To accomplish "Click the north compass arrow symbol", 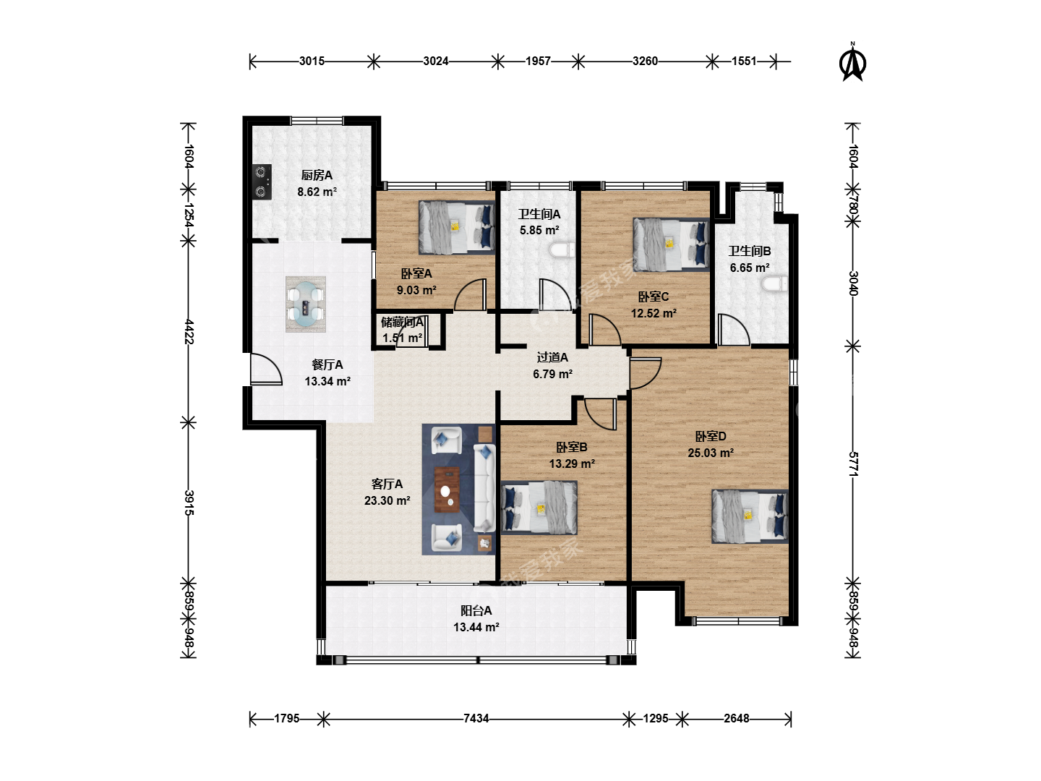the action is (x=852, y=62).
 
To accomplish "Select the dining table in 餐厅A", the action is (x=305, y=304).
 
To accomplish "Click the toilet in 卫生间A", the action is (x=562, y=252).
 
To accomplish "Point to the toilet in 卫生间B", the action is (x=775, y=284).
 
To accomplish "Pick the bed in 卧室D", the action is (x=750, y=516).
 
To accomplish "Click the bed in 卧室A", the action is (x=457, y=228).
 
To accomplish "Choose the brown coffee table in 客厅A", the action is (x=447, y=490).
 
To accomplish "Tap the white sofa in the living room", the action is (x=484, y=488).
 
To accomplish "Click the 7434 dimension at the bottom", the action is (x=476, y=718).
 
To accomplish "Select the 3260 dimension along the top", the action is (x=645, y=61).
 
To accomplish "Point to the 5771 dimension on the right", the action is (x=853, y=464).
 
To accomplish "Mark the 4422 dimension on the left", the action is (x=189, y=331).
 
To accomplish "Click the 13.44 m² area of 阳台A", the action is (x=476, y=628).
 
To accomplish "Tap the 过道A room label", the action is (x=552, y=357).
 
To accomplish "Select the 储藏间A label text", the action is (x=402, y=323).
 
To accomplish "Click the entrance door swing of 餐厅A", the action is (x=266, y=369).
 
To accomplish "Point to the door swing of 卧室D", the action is (x=645, y=373).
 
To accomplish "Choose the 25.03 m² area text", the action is (x=711, y=453).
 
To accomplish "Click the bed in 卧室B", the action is (x=539, y=508).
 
